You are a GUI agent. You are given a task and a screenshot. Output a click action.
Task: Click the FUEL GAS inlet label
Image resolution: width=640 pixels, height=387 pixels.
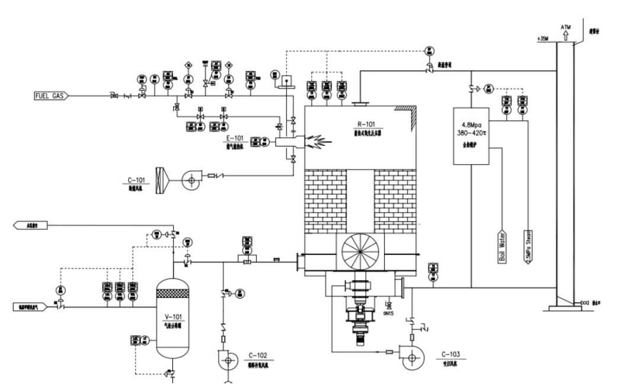[49, 95]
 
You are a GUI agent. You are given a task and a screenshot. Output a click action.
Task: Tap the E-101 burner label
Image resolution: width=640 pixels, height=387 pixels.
[235, 139]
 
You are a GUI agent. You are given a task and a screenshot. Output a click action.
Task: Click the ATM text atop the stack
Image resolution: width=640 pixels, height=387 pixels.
[566, 28]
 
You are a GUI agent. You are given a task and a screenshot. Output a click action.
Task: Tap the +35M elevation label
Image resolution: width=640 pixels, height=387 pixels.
[542, 39]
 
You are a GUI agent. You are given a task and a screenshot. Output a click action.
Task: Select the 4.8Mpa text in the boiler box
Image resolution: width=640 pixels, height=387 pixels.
[473, 125]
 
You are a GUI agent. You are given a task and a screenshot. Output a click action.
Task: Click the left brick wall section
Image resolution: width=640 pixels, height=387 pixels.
[325, 202]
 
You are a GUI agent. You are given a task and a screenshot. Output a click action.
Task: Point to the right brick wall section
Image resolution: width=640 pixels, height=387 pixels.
[396, 202]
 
